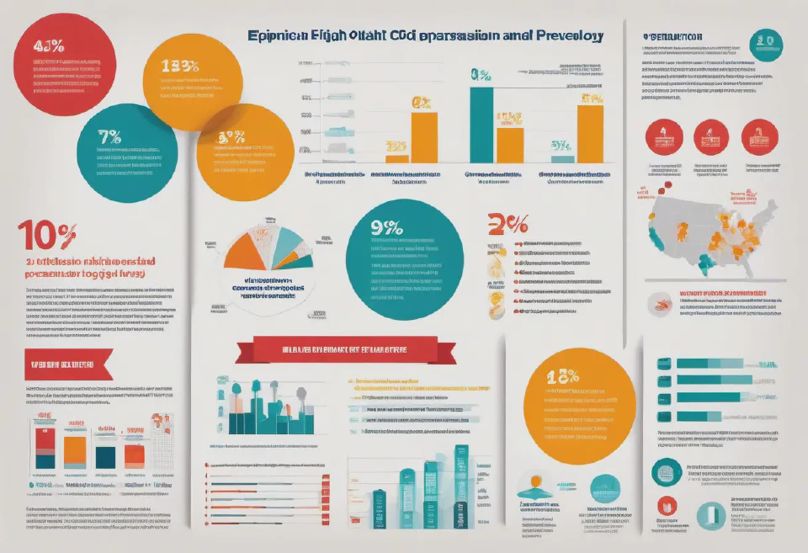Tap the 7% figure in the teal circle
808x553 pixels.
coord(109,136)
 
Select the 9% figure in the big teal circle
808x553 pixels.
coord(385,228)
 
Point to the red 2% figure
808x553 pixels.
coord(508,224)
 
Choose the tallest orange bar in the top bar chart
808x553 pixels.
coord(591,130)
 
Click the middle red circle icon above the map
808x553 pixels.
coord(711,136)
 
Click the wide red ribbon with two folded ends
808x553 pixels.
coord(334,348)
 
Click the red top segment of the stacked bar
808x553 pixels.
coord(45,436)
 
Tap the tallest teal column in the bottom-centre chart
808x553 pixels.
coord(461,487)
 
